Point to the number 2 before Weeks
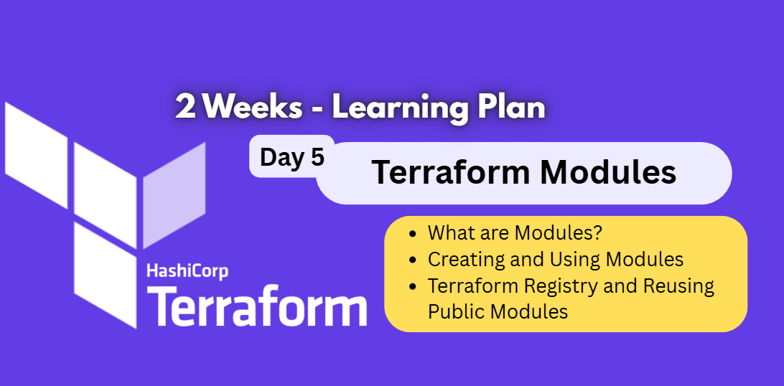[x=186, y=108]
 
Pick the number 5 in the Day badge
[x=317, y=156]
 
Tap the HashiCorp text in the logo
[x=187, y=271]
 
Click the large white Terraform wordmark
[x=257, y=307]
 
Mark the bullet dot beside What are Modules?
[x=412, y=233]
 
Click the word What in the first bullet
[x=448, y=233]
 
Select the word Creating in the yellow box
[x=458, y=259]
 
